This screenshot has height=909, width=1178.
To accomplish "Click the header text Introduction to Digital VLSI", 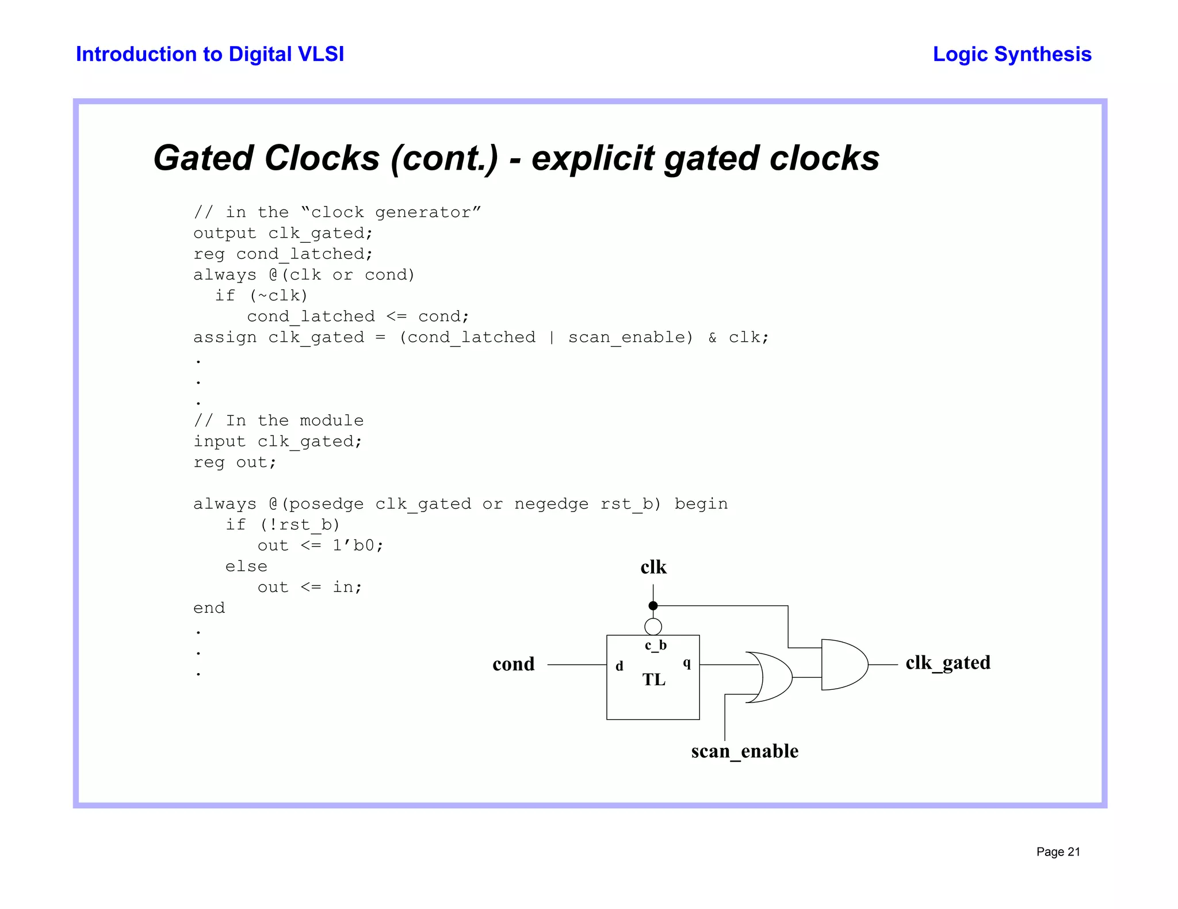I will click(x=210, y=54).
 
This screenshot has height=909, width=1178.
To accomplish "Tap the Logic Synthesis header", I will click(x=1012, y=54).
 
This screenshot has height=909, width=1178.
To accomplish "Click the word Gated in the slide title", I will click(x=203, y=158).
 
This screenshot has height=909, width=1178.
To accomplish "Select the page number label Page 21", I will click(x=1058, y=852).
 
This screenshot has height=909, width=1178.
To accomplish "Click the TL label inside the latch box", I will click(x=654, y=680).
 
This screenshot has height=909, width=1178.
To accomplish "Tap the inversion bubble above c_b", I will click(x=653, y=627).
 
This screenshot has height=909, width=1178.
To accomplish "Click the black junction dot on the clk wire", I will click(x=653, y=606).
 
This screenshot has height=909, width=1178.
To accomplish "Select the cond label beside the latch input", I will click(x=513, y=664).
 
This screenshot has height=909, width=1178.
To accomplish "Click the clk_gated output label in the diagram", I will click(x=947, y=663).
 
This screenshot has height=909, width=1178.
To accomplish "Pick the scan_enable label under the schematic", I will click(x=744, y=751).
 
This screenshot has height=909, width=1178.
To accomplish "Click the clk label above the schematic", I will click(x=653, y=568).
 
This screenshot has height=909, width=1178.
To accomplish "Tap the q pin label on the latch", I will click(x=687, y=663).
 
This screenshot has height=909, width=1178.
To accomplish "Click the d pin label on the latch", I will click(x=619, y=666).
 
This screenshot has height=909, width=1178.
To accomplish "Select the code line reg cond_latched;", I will click(x=283, y=254).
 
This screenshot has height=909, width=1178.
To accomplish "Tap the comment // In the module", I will click(x=278, y=421).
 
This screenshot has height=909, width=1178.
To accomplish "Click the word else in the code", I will click(x=246, y=567).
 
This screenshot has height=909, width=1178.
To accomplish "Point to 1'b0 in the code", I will click(x=357, y=545).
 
